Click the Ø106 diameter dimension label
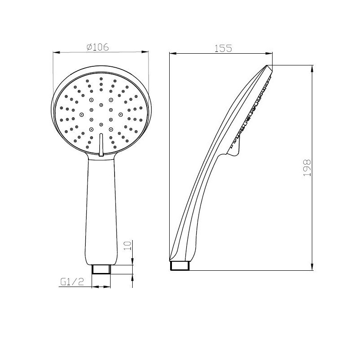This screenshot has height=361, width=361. (x=97, y=47)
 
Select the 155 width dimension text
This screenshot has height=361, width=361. (x=223, y=48)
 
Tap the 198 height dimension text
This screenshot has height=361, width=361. (x=307, y=168)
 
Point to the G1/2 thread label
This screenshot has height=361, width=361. (x=72, y=282)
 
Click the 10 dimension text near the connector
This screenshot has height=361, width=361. (x=127, y=245)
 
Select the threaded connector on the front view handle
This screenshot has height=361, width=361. (x=101, y=269)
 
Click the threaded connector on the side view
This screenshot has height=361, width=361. (x=180, y=265)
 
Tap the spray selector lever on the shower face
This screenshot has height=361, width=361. (x=101, y=144)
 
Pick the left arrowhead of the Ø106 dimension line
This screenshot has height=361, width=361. (x=57, y=52)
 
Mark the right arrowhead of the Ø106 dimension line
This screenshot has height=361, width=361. (x=145, y=51)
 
